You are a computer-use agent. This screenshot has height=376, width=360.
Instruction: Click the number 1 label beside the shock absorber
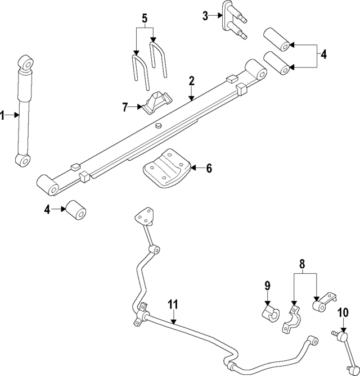click(x=3, y=115)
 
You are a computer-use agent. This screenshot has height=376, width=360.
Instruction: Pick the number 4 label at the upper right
click(x=323, y=55)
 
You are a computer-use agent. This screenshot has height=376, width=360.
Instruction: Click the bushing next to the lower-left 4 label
click(x=76, y=211)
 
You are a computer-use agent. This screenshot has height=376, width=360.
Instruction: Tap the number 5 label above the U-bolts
click(x=145, y=19)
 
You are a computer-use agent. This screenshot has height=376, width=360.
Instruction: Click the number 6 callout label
click(x=209, y=167)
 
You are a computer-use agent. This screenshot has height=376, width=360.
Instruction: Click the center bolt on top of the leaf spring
click(x=159, y=125)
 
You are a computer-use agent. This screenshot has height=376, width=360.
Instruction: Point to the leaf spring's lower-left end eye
click(x=48, y=186)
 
